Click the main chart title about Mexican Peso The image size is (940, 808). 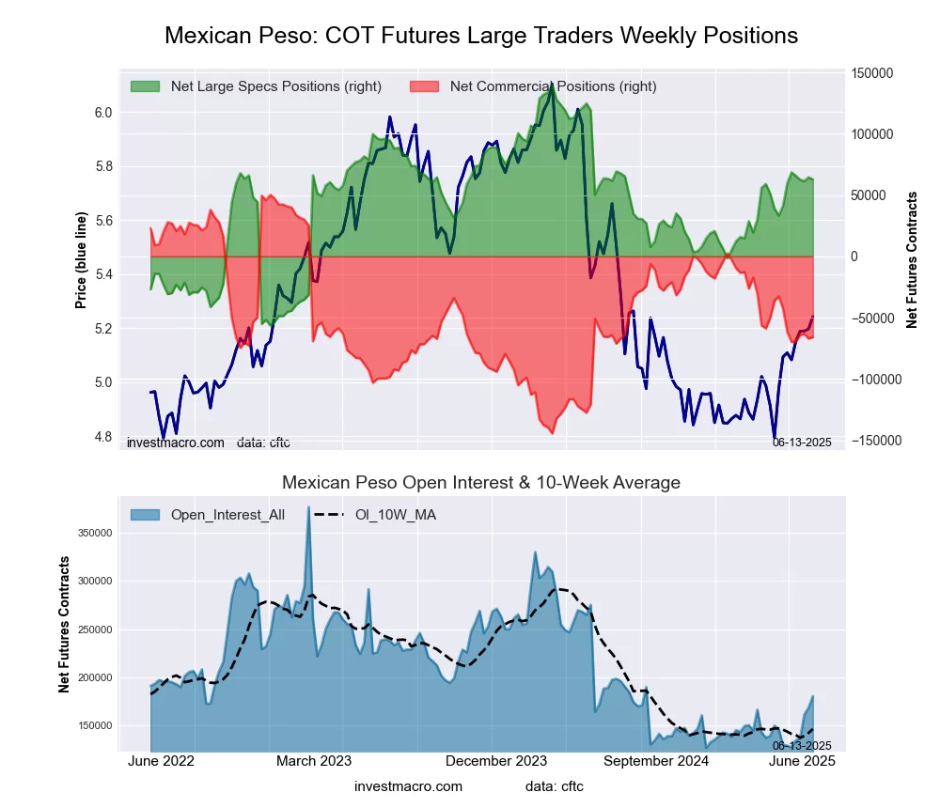[481, 36]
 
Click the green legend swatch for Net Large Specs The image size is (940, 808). [146, 86]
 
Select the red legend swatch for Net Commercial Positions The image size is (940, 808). [425, 86]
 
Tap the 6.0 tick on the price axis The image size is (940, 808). [102, 113]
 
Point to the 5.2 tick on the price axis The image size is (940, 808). [102, 329]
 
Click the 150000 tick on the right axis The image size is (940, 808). [871, 73]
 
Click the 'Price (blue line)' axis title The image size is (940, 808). [82, 260]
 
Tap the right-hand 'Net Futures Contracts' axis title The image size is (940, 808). [912, 260]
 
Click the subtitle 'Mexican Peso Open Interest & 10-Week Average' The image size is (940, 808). [481, 483]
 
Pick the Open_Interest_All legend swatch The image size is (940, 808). [146, 514]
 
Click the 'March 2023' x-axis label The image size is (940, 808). [314, 761]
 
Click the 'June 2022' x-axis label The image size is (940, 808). [161, 761]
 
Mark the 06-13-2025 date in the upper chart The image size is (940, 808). [802, 442]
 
